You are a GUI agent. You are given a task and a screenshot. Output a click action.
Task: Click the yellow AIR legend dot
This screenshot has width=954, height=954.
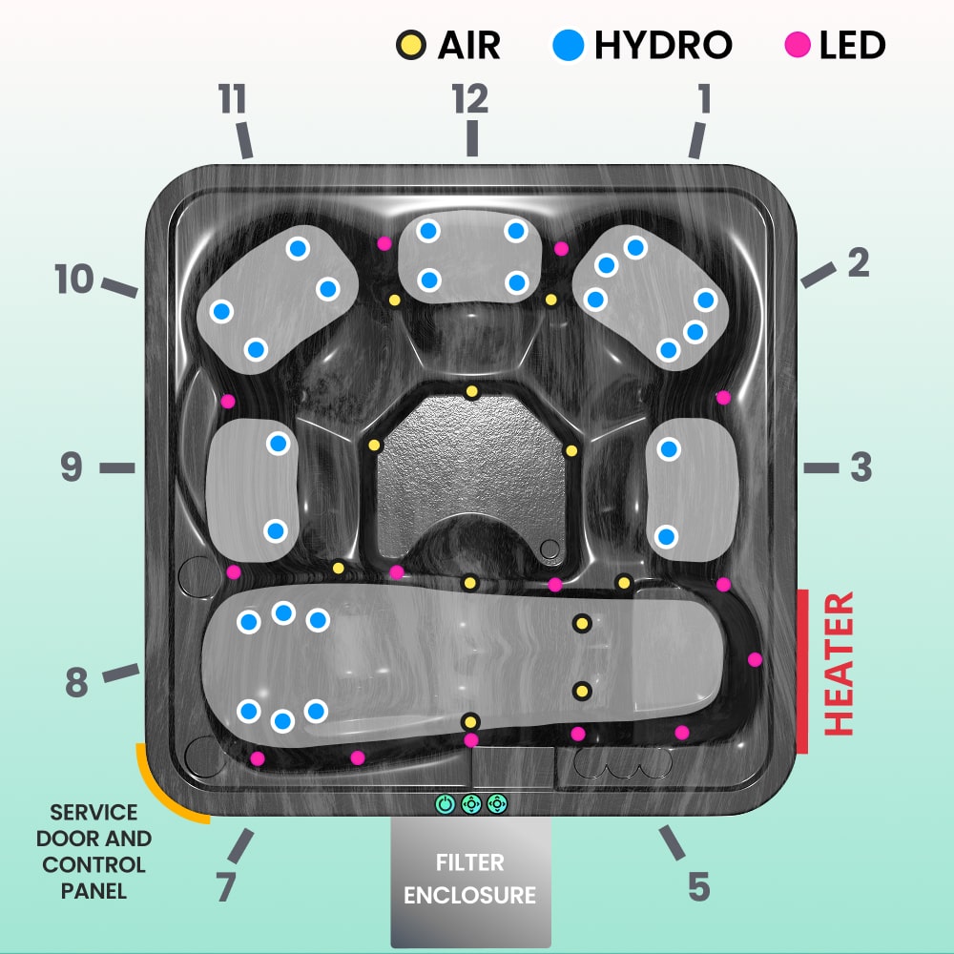point(410,45)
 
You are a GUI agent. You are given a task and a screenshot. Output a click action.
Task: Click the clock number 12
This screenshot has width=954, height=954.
point(470,98)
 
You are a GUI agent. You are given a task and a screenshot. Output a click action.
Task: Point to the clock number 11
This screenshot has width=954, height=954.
point(232,98)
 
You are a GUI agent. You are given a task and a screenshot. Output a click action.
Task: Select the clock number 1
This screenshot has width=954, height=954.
point(704,98)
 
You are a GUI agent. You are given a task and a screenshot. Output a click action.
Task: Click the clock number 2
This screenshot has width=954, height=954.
point(859,262)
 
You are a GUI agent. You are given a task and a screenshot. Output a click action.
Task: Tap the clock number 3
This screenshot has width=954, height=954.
point(861,467)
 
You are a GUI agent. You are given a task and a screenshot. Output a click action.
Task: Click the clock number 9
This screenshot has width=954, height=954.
point(73,467)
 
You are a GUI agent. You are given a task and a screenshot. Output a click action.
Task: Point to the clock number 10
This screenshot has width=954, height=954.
point(74,280)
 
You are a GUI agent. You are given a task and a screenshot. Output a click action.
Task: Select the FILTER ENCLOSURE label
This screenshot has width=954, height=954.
point(470,879)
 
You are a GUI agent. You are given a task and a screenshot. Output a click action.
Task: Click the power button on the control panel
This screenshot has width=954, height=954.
point(446,804)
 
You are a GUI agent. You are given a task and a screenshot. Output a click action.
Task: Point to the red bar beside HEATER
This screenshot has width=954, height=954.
point(802,672)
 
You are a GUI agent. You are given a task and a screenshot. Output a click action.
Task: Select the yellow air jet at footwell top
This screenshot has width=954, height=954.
point(470,392)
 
